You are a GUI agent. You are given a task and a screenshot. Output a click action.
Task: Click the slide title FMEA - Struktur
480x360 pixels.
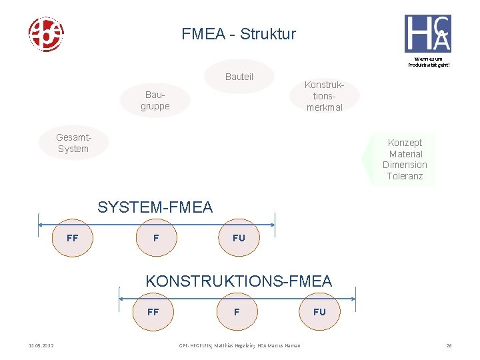[239, 34]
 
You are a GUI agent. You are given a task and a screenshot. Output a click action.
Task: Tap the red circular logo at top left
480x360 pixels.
[45, 35]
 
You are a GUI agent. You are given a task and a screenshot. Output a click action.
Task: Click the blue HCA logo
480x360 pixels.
[427, 33]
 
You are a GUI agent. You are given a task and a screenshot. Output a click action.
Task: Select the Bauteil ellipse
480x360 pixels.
[239, 77]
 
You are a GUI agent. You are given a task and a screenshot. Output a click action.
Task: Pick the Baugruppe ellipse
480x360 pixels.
[155, 101]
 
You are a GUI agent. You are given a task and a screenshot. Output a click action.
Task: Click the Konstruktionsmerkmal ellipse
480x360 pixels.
[324, 96]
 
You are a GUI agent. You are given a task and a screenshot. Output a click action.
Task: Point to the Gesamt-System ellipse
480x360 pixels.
[73, 143]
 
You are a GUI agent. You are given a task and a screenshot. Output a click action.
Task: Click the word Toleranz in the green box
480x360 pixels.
[405, 176]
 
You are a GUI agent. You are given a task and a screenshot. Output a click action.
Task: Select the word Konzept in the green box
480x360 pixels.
[405, 143]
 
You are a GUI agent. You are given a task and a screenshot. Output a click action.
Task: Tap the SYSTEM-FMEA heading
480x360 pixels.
[155, 207]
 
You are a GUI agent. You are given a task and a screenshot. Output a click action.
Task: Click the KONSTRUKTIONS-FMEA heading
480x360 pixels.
[239, 281]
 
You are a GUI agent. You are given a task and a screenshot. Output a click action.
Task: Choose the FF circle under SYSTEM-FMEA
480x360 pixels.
[73, 237]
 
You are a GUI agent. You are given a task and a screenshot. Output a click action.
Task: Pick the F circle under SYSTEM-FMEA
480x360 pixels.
[156, 237]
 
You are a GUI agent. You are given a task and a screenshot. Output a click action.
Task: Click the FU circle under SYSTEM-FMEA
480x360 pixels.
[239, 237]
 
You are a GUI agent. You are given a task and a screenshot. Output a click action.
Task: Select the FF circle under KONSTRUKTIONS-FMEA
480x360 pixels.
[153, 311]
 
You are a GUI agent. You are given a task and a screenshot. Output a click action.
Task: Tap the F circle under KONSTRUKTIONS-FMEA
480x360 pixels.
[237, 311]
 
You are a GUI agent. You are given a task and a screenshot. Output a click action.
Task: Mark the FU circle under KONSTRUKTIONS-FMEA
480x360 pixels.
[319, 311]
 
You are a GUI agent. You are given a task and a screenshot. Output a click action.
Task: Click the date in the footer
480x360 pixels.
[41, 345]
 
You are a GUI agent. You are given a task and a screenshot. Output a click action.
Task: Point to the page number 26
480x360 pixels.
[449, 345]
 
